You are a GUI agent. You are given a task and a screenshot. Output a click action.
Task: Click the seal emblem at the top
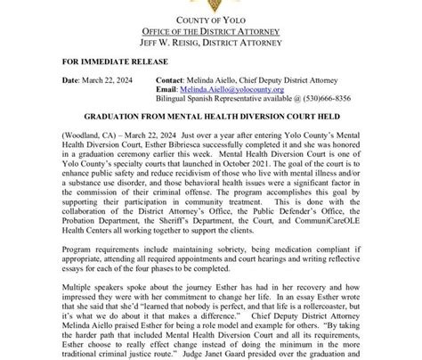(211, 4)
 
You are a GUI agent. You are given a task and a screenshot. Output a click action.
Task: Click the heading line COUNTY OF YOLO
(211, 21)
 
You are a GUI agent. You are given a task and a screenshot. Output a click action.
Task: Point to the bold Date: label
(71, 80)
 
